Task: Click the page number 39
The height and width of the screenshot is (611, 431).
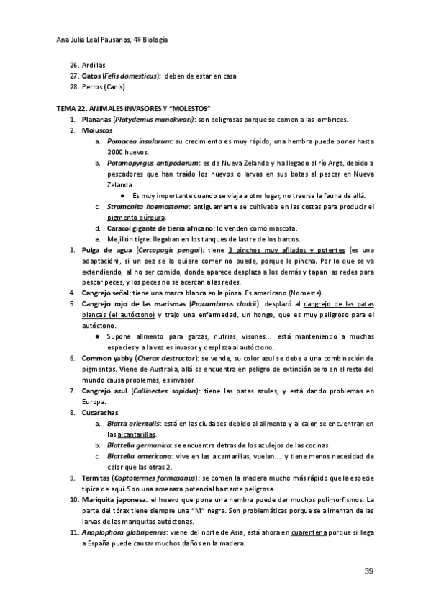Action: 368,571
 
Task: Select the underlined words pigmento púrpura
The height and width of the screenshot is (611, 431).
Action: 136,218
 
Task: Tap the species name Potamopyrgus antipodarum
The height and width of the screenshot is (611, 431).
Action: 148,164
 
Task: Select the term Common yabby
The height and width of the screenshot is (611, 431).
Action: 110,358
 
